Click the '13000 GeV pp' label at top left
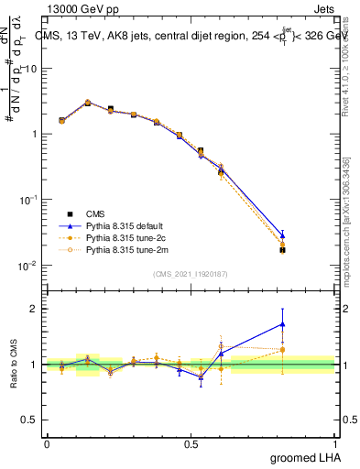81,10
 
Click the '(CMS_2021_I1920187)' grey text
191,274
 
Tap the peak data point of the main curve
88,103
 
